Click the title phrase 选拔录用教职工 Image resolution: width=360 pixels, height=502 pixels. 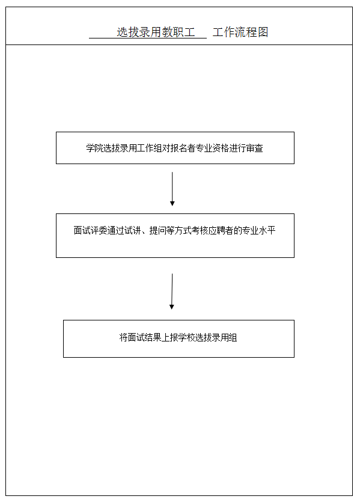(156, 32)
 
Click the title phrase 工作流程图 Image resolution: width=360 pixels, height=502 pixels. (240, 32)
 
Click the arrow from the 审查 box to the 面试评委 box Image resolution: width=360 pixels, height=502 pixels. (172, 189)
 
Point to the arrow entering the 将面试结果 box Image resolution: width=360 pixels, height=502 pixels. (172, 292)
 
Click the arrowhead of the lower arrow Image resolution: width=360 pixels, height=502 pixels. (171, 307)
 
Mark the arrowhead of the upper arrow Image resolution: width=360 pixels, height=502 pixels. (172, 204)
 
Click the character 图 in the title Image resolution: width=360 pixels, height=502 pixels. (263, 32)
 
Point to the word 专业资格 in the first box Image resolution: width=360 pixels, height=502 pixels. (213, 148)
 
